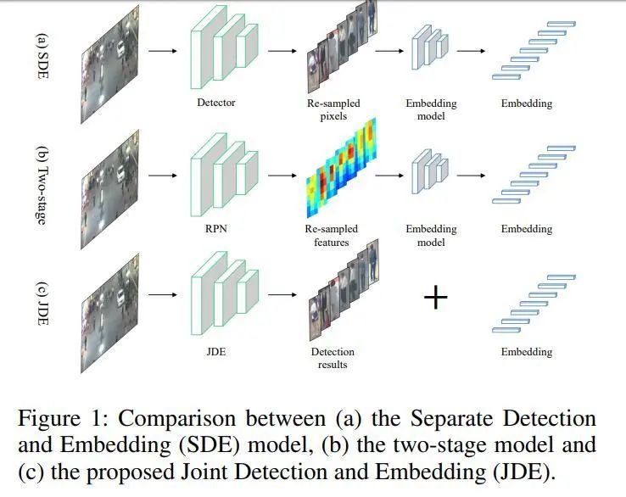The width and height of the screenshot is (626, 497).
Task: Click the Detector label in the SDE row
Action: coord(216,103)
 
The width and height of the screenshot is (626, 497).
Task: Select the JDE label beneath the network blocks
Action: coord(215,352)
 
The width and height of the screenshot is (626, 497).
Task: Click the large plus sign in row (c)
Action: coord(435,298)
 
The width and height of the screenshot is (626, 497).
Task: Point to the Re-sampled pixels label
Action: coord(333,109)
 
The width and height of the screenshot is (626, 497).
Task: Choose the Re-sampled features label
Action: coord(333,235)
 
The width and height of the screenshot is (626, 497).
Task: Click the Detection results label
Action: coord(333,358)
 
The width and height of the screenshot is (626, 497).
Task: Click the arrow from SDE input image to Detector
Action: coord(163,51)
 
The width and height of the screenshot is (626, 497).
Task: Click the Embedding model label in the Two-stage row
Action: coord(432,235)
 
